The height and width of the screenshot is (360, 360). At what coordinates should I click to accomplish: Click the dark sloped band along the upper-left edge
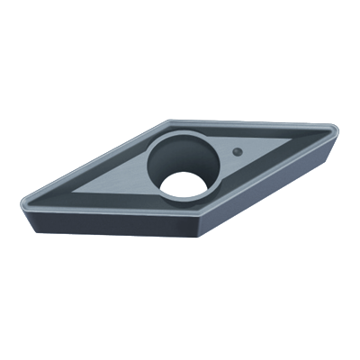tap(99, 162)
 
